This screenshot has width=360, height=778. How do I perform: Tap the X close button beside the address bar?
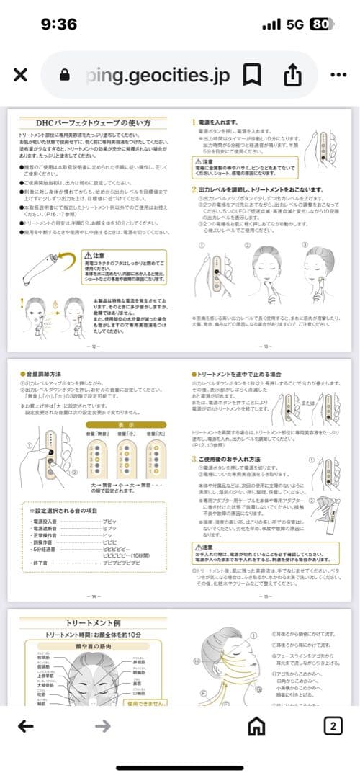tap(21, 75)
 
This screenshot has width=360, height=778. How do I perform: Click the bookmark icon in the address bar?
tap(251, 75)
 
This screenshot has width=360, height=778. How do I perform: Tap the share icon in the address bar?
tap(292, 75)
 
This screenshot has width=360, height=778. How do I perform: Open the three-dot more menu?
tap(338, 75)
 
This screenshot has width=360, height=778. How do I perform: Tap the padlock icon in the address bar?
tap(66, 75)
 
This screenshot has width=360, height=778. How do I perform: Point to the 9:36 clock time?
tap(59, 24)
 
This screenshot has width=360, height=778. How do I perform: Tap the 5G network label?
tap(295, 24)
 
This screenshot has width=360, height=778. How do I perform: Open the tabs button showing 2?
tap(332, 726)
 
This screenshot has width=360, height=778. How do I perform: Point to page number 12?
tap(92, 346)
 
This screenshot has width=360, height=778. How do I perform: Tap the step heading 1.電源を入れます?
tap(224, 122)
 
